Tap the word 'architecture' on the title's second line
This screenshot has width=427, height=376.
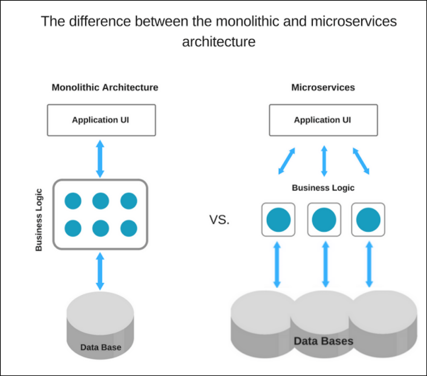(219, 42)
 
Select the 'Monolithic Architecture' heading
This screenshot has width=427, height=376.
(105, 87)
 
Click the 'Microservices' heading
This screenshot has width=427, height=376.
(323, 87)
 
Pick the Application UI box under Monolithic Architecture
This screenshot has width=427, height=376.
(101, 120)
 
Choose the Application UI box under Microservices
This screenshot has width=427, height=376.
(323, 120)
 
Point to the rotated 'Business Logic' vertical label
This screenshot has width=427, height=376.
(39, 220)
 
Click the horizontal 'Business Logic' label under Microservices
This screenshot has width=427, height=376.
(323, 188)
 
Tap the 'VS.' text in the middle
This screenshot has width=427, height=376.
(219, 220)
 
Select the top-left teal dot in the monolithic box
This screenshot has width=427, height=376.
(73, 201)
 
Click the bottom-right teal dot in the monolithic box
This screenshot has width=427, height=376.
(129, 228)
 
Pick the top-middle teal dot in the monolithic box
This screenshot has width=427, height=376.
(101, 201)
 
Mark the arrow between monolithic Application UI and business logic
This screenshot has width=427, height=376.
(100, 159)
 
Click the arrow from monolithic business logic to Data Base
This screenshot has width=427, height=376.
(100, 271)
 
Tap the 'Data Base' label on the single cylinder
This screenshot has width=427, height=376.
(101, 347)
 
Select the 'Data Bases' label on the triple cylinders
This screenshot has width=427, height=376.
(323, 341)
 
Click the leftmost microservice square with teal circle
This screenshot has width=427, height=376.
(278, 219)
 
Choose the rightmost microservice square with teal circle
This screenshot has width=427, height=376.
(368, 219)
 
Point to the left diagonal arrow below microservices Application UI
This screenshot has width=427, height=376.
(287, 161)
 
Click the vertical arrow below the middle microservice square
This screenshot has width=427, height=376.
(325, 264)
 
